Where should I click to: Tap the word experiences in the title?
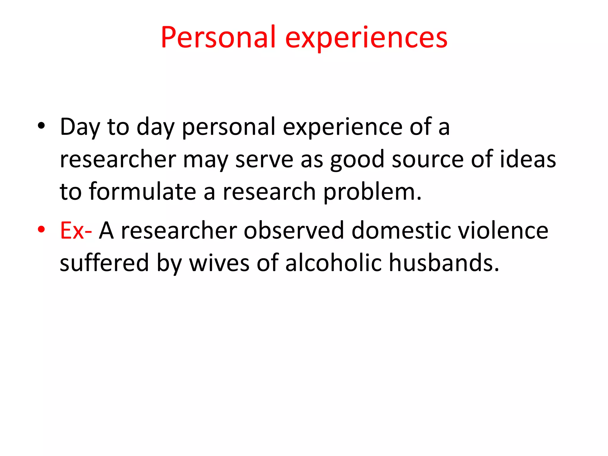(x=366, y=39)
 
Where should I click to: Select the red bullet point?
(x=41, y=229)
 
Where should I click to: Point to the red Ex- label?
(x=76, y=231)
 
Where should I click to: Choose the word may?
(x=205, y=160)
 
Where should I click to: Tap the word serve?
(x=264, y=160)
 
